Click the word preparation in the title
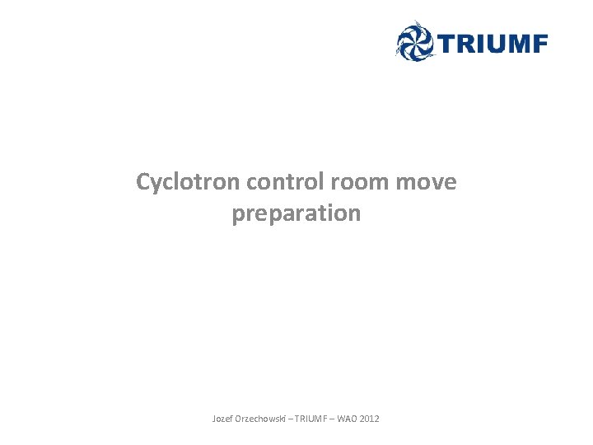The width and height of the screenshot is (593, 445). coord(296,213)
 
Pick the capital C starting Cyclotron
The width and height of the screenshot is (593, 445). coord(144,182)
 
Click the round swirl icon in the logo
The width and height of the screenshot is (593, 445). coord(413,41)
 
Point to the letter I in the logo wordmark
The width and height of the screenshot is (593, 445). coord(479,44)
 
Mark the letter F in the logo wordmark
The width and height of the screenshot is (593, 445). coord(539,44)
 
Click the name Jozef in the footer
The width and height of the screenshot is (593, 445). coord(223,419)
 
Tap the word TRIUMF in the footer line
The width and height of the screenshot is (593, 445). coord(311,419)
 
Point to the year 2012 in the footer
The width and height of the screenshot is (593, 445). coord(371,419)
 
